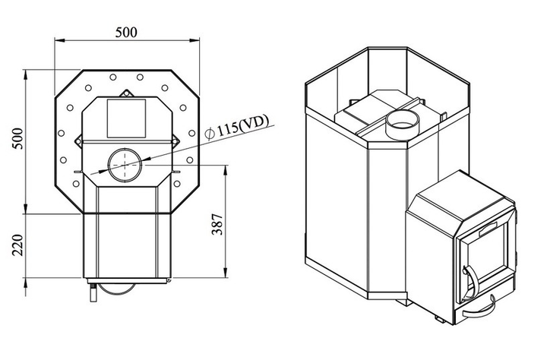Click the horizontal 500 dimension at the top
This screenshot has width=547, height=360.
pyautogui.click(x=126, y=33)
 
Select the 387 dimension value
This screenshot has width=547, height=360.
pyautogui.click(x=217, y=225)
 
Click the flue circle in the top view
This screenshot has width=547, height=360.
pyautogui.click(x=123, y=165)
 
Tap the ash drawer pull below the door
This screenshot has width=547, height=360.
pyautogui.click(x=477, y=309)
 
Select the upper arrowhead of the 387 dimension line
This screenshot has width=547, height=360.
pyautogui.click(x=226, y=169)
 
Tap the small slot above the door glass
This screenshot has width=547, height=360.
pyautogui.click(x=486, y=226)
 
